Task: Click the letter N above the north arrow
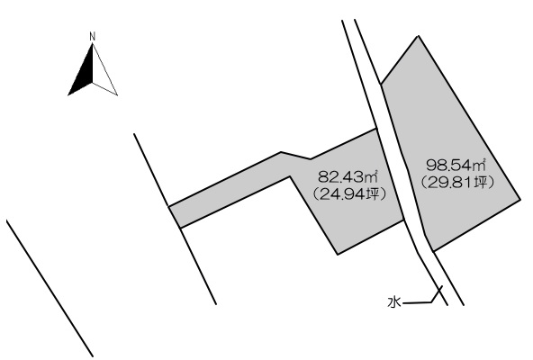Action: (92, 36)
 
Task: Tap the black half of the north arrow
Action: (85, 75)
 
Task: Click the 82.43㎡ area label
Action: (348, 176)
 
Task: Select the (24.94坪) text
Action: (349, 194)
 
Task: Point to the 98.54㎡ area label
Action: (456, 166)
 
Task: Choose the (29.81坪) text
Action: (456, 183)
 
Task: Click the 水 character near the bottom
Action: (394, 302)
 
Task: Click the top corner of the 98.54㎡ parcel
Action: (419, 36)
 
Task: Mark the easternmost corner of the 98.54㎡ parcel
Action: (520, 200)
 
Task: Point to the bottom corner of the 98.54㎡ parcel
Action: (433, 251)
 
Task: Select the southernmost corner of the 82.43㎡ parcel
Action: (338, 254)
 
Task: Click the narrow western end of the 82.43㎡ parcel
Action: (175, 217)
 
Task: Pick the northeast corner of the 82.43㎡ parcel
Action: (376, 129)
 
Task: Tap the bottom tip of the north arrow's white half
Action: (117, 95)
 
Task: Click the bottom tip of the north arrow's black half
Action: (68, 95)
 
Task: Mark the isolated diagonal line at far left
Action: (50, 288)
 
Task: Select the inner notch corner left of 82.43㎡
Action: (290, 176)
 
